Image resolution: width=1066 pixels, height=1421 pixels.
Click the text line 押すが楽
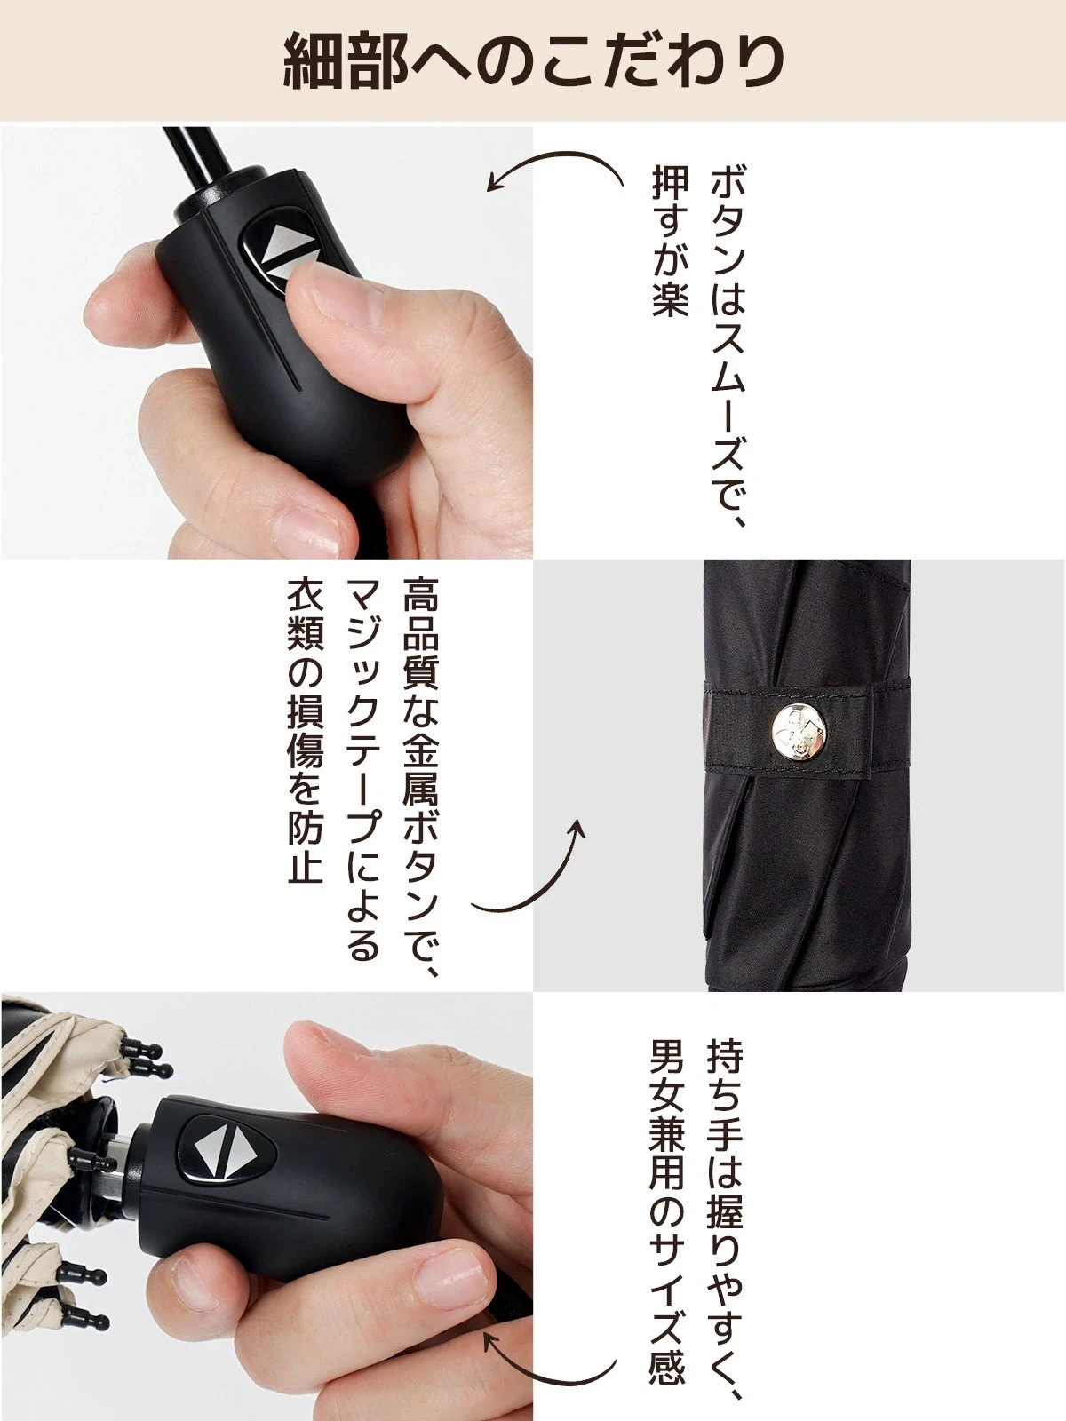pyautogui.click(x=670, y=242)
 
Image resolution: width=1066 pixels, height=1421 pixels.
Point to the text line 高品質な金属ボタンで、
pyautogui.click(x=422, y=778)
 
